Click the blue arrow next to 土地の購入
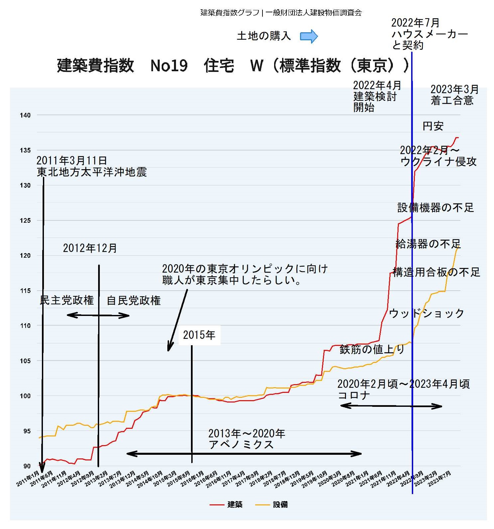pyautogui.click(x=309, y=36)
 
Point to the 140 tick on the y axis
pyautogui.click(x=25, y=116)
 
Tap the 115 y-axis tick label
pyautogui.click(x=25, y=291)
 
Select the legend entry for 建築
pyautogui.click(x=226, y=505)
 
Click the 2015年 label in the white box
pyautogui.click(x=199, y=335)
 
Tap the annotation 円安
pyautogui.click(x=433, y=126)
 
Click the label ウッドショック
pyautogui.click(x=426, y=313)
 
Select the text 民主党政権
pyautogui.click(x=67, y=300)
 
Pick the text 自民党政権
pyautogui.click(x=134, y=301)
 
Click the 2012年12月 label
pyautogui.click(x=90, y=248)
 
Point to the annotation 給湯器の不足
pyautogui.click(x=428, y=244)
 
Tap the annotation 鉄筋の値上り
pyautogui.click(x=372, y=350)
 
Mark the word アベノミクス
pyautogui.click(x=241, y=445)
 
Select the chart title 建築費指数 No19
pyautogui.click(x=122, y=65)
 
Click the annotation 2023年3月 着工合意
pyautogui.click(x=454, y=95)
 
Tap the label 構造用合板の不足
pyautogui.click(x=436, y=272)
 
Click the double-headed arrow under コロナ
pyautogui.click(x=391, y=406)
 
